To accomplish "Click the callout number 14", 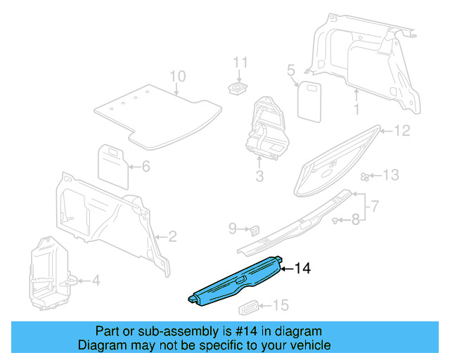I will click(302, 268).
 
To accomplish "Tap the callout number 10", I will click(177, 77).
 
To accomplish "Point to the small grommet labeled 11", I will click(240, 87).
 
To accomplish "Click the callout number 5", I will click(290, 70).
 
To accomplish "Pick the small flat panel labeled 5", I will click(308, 100).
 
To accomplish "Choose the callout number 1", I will click(356, 109).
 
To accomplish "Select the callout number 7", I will click(375, 206).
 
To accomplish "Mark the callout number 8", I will click(356, 219).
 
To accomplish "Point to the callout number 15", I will click(281, 305).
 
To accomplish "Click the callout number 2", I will click(173, 237).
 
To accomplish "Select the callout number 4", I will click(96, 281).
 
